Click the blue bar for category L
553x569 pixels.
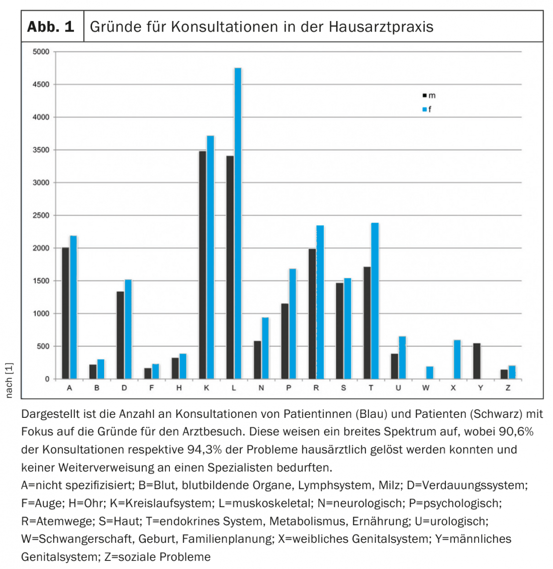click(238, 223)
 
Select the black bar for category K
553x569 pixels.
click(202, 265)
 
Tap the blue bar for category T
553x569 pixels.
click(375, 301)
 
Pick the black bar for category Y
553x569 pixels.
click(477, 361)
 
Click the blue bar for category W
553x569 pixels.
click(430, 373)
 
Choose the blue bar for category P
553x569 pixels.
click(293, 324)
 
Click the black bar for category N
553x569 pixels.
click(257, 360)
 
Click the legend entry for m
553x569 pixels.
click(429, 95)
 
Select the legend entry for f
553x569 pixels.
click(427, 109)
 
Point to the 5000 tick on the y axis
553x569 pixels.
click(41, 52)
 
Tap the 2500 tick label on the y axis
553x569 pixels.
click(41, 215)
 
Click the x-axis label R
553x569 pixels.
click(316, 388)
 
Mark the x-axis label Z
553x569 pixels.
click(508, 388)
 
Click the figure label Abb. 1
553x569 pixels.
click(51, 27)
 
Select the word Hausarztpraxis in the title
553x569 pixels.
click(381, 27)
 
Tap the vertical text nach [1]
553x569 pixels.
click(9, 380)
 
